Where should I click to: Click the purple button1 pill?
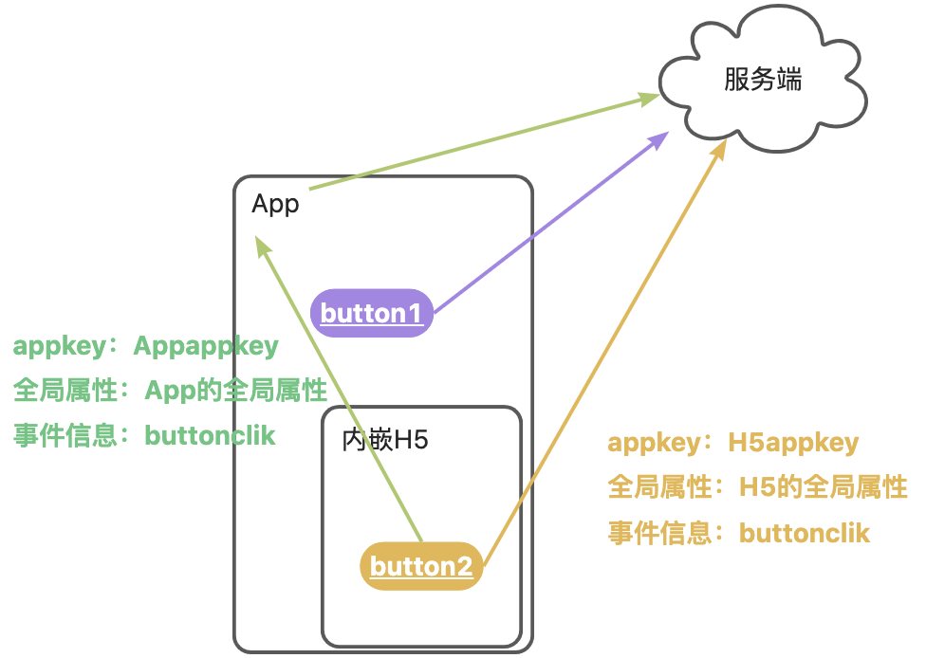click(x=372, y=313)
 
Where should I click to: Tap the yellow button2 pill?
click(x=421, y=567)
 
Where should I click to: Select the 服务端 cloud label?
click(x=763, y=80)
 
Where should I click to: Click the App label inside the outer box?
click(x=275, y=204)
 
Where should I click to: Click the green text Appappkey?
click(x=206, y=346)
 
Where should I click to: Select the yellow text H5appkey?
click(x=793, y=443)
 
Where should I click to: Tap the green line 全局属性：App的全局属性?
click(x=170, y=391)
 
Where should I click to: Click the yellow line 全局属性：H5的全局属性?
click(x=757, y=488)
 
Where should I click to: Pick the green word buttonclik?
click(x=210, y=435)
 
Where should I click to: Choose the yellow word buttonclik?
click(x=805, y=533)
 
